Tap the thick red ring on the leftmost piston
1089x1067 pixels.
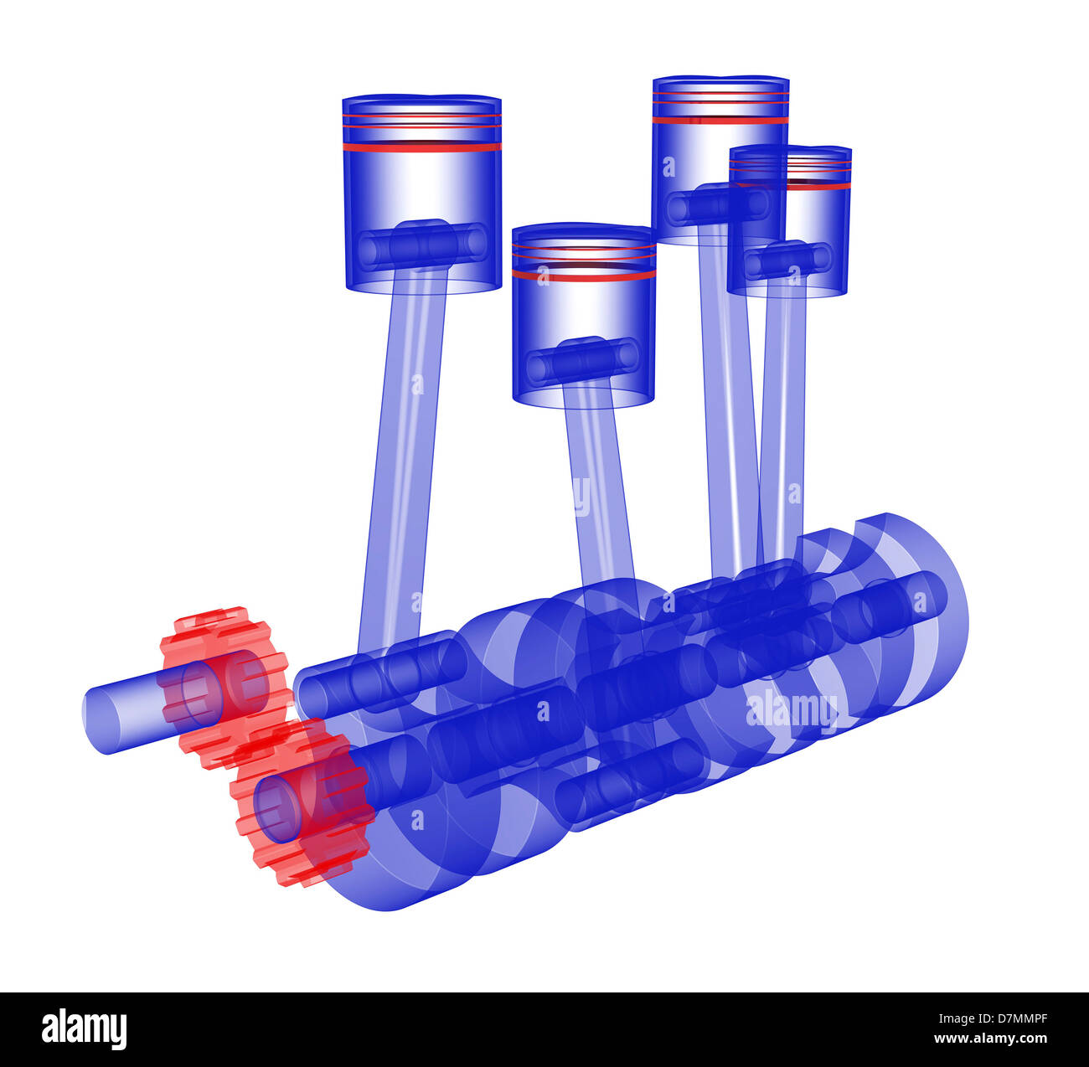coord(421,147)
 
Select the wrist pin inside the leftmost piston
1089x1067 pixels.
coord(423,245)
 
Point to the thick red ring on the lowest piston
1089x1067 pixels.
coord(584,275)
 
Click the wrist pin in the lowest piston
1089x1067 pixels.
coord(583,360)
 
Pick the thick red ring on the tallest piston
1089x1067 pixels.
coord(720,120)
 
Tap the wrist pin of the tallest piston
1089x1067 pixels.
coord(719,204)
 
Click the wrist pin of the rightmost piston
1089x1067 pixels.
coord(787,260)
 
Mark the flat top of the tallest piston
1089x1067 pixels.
coord(720,80)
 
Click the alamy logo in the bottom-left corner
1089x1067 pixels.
coord(84,1028)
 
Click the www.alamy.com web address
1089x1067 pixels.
coord(990,1039)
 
